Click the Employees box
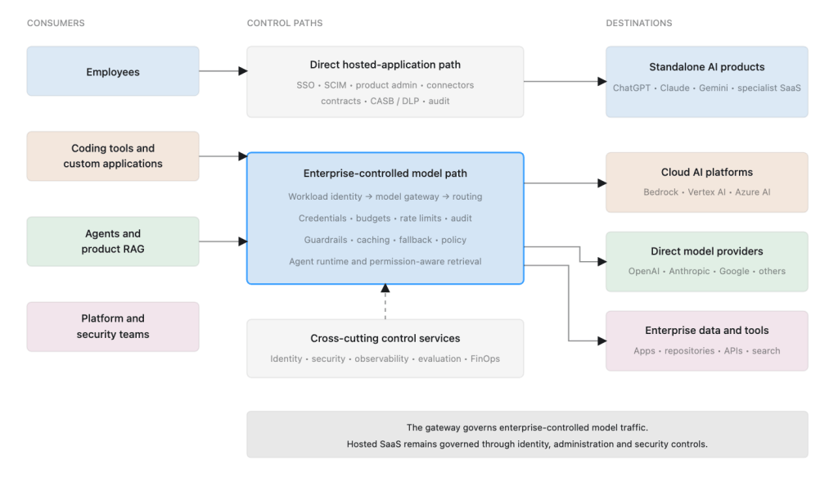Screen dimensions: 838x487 tap(113, 71)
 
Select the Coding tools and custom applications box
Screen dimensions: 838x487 tap(113, 156)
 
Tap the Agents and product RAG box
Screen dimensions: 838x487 tap(113, 241)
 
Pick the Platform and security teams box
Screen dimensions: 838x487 tap(113, 327)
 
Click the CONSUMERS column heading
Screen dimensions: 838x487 tap(56, 23)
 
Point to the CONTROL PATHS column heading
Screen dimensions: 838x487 tap(284, 23)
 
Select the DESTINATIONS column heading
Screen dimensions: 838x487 tap(638, 23)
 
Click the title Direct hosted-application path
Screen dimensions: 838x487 tap(385, 65)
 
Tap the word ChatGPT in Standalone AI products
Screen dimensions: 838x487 tap(631, 88)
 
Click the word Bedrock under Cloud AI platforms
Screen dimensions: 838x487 tap(660, 192)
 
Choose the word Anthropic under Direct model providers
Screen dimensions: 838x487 tap(689, 271)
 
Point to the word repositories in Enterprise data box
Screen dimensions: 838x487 tap(689, 350)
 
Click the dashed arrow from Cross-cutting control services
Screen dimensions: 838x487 tap(385, 302)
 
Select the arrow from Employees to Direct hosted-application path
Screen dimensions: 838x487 tap(223, 71)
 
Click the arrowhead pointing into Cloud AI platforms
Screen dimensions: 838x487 tap(601, 183)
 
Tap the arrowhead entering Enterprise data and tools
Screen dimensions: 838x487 tap(601, 340)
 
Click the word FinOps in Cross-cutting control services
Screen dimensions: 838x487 tap(484, 358)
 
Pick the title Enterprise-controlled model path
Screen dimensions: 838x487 tap(385, 174)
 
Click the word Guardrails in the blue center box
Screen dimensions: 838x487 tap(326, 240)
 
